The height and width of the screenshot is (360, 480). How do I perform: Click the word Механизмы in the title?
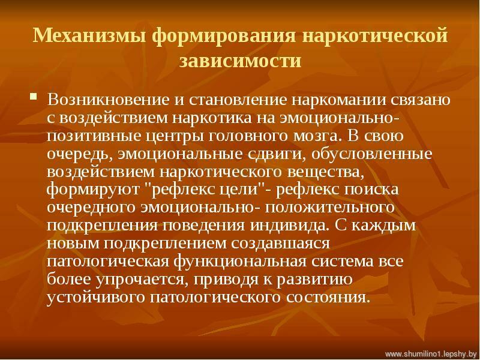tap(89, 35)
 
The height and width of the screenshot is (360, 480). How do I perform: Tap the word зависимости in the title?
tap(240, 61)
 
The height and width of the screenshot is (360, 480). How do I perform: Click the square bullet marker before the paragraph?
tap(34, 97)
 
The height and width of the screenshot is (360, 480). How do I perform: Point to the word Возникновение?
tap(109, 100)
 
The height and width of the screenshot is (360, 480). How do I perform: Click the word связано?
tap(422, 100)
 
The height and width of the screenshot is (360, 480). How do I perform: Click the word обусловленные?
tap(371, 154)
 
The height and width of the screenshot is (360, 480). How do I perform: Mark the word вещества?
tap(326, 172)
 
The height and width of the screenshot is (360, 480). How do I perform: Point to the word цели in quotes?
tap(242, 190)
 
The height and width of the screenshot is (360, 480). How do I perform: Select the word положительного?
tap(329, 208)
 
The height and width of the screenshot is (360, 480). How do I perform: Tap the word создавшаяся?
tap(280, 244)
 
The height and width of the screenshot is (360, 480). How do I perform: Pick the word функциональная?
tap(240, 262)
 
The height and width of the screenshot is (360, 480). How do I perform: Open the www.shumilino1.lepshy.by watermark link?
tap(431, 355)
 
